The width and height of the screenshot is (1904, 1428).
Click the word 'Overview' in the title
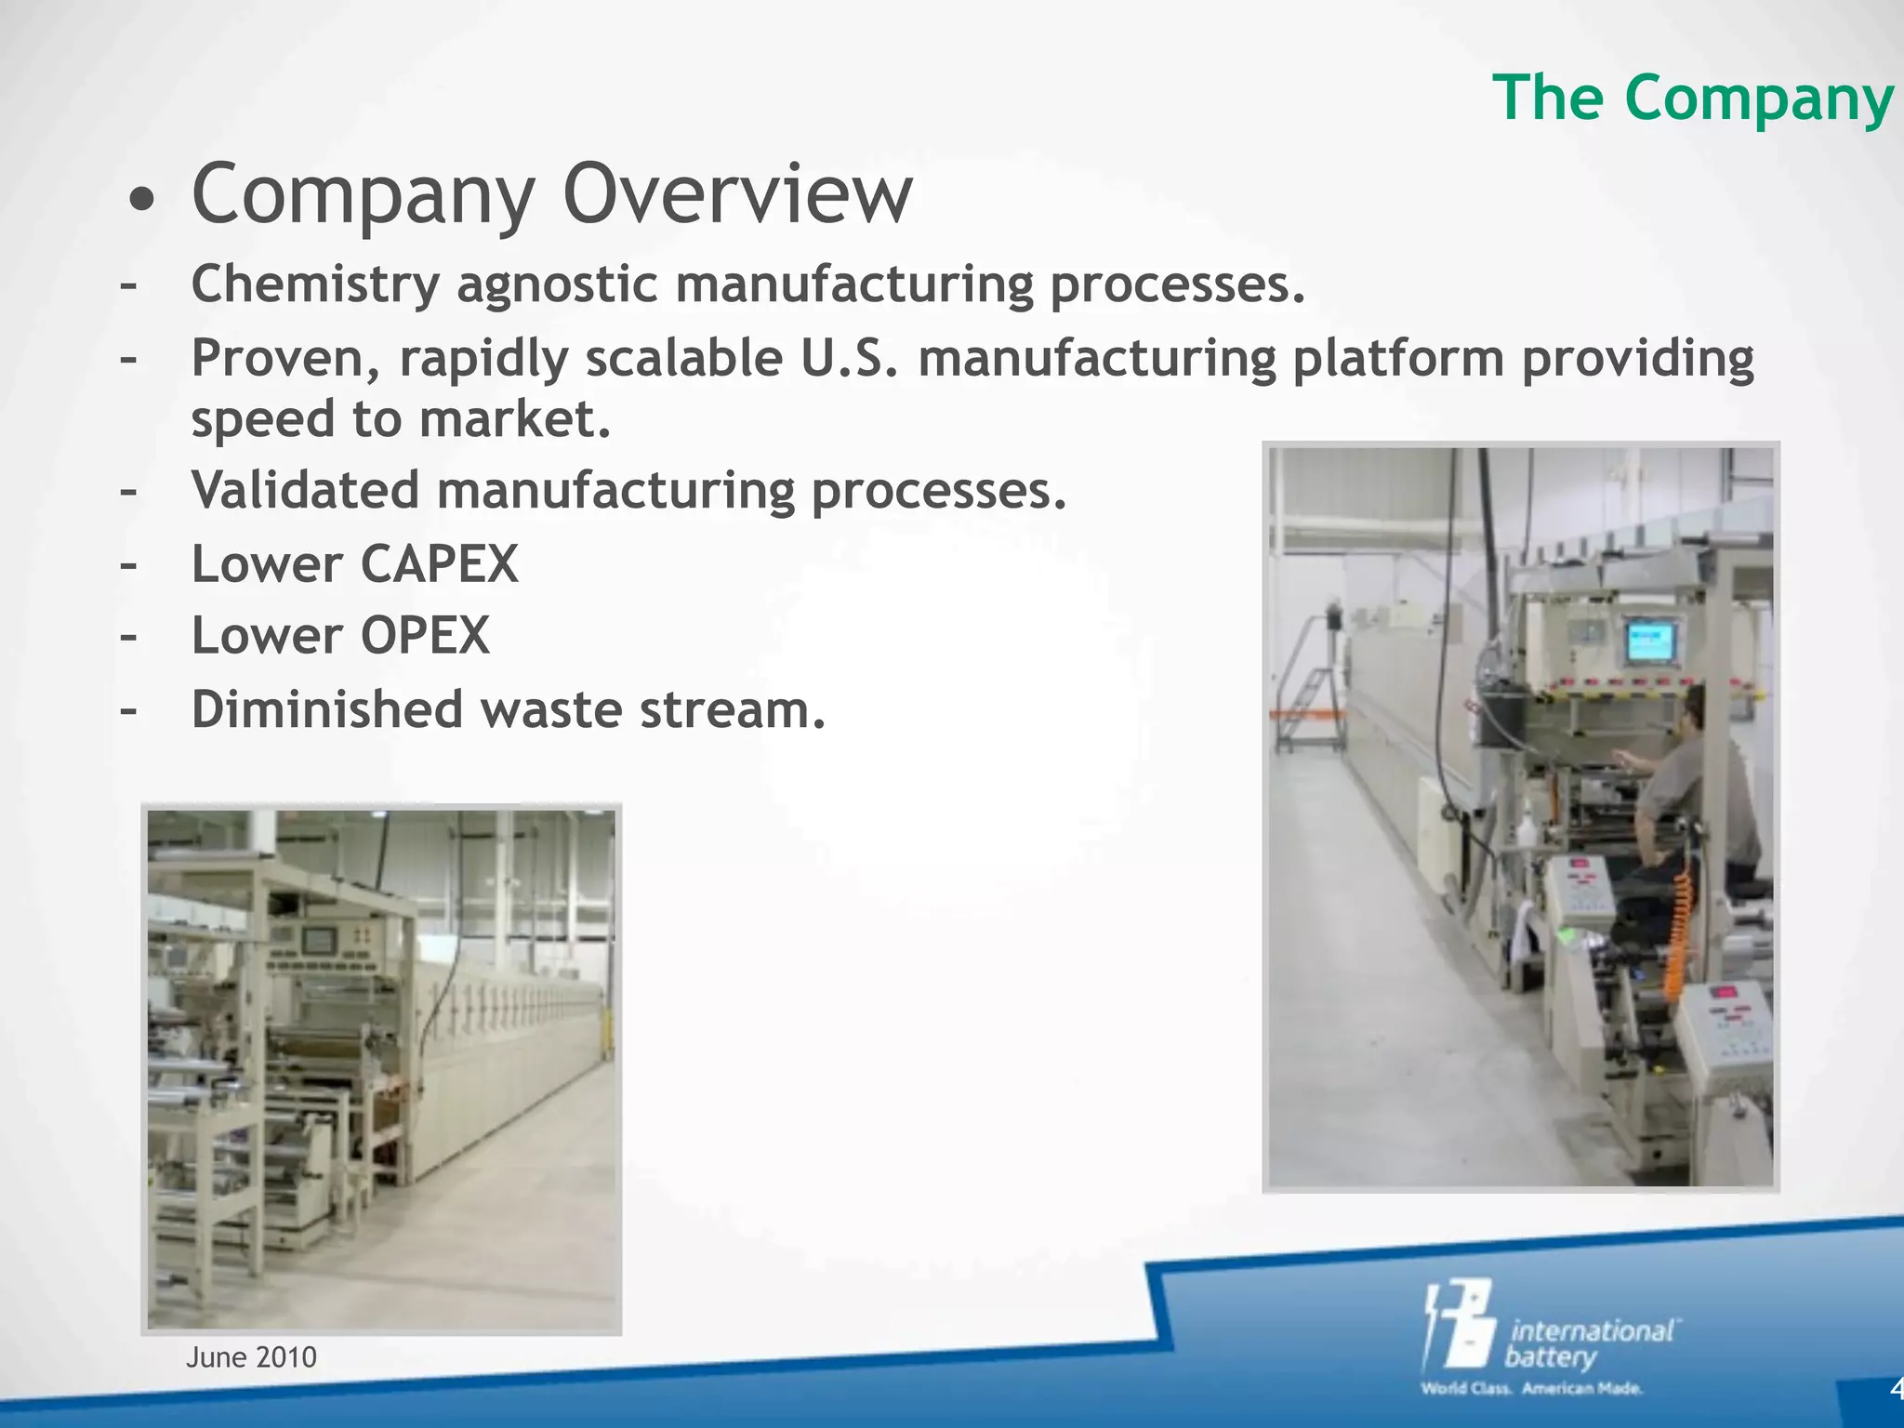coord(737,194)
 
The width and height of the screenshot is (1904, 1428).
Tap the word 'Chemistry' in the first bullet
coord(314,284)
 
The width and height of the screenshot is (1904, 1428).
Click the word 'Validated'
coord(305,490)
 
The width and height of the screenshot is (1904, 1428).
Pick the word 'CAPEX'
coord(439,563)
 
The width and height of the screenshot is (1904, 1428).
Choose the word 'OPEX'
coord(425,636)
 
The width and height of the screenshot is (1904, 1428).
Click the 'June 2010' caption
coord(251,1357)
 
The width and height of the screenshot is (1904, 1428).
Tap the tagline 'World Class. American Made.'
coord(1531,1389)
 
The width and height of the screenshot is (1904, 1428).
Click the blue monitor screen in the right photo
coord(1650,641)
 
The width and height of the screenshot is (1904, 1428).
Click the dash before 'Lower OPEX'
coord(128,637)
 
